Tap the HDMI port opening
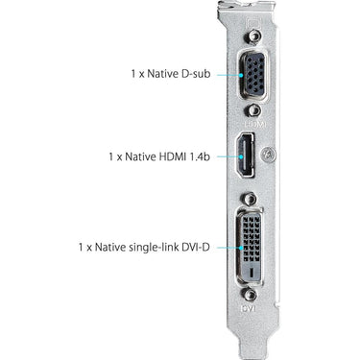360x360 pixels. tap(246, 155)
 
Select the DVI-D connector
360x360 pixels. tap(252, 247)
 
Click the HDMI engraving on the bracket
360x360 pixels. tap(255, 123)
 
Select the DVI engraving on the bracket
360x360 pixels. tap(250, 308)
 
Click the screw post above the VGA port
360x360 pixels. tap(253, 36)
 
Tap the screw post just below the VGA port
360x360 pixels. tap(253, 110)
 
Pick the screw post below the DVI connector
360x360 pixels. tap(249, 295)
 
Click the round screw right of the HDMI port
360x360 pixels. tap(268, 155)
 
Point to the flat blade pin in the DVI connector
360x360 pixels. tap(252, 273)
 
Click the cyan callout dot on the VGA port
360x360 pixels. tap(241, 75)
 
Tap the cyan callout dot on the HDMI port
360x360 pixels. tap(241, 156)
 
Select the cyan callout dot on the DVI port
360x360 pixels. tap(241, 248)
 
